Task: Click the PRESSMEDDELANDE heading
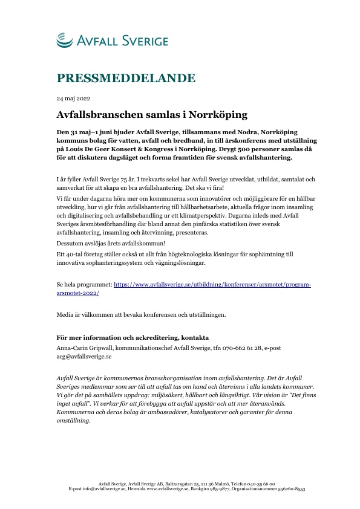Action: click(126, 78)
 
